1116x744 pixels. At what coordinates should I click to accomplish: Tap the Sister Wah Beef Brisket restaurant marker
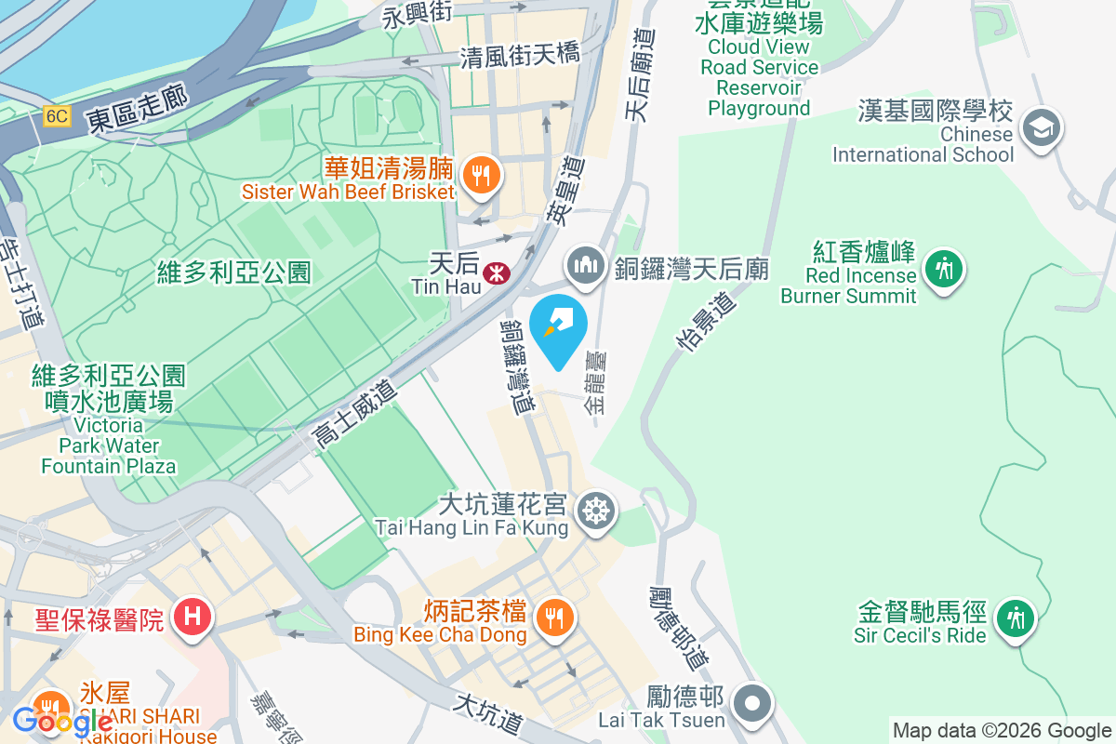[x=481, y=174]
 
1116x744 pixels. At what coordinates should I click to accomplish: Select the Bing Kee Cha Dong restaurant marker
[x=554, y=617]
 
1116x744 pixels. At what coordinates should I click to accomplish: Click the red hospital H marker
[x=193, y=617]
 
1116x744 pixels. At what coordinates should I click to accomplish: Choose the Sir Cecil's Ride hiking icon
[x=1014, y=618]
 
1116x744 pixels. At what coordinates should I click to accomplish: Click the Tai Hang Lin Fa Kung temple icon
[x=595, y=511]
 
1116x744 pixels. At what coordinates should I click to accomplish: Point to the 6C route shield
[x=57, y=115]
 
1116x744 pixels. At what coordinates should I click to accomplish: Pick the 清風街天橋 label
[x=520, y=56]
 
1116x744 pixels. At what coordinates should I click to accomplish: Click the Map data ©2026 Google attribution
[x=1002, y=731]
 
